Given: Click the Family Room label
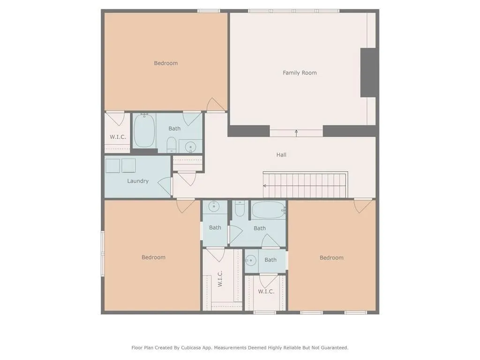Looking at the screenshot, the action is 300,73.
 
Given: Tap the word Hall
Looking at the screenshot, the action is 281,155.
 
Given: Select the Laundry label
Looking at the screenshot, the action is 138,181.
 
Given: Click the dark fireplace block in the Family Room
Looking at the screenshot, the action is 368,73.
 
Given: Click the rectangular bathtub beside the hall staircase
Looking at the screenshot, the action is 269,210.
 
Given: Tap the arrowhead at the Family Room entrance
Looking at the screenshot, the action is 296,131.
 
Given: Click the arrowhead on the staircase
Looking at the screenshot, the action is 264,186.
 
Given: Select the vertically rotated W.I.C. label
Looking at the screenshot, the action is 220,279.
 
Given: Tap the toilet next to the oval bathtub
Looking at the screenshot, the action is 172,144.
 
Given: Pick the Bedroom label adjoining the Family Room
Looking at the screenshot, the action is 165,63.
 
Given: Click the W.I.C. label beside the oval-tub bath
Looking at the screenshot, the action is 118,137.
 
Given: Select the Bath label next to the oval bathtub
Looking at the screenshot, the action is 174,129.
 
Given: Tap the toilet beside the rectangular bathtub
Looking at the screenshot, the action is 240,208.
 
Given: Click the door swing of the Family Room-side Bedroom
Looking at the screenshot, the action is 216,105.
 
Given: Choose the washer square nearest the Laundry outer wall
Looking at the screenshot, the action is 112,166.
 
